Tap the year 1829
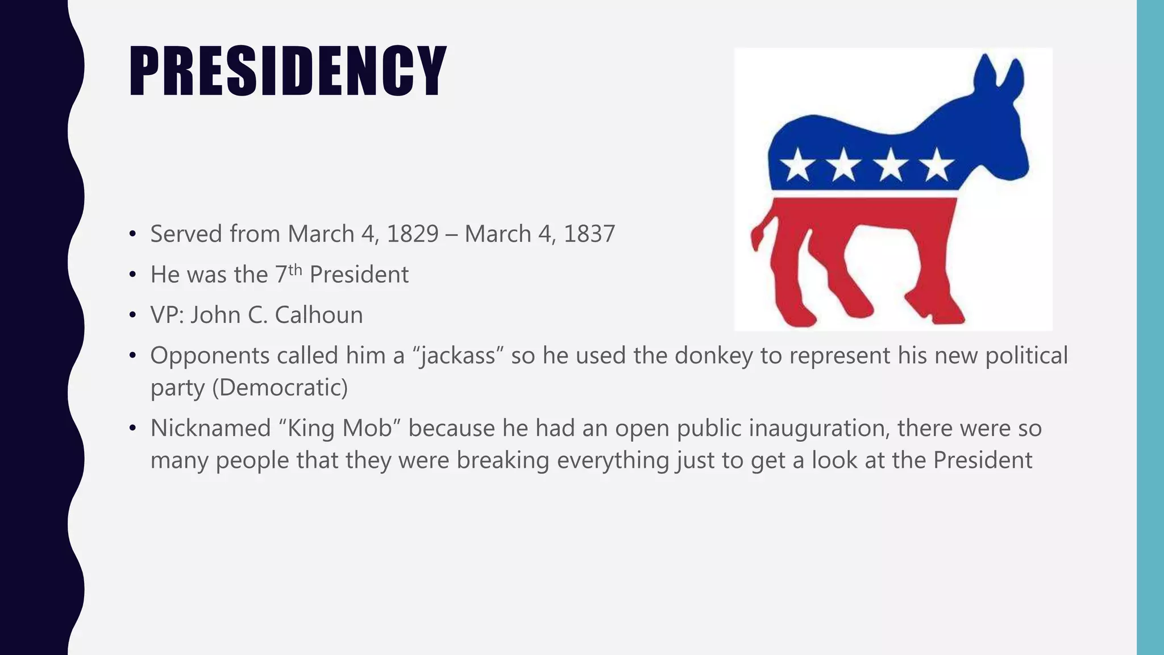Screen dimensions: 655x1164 (x=413, y=234)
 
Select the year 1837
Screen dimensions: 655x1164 (x=589, y=234)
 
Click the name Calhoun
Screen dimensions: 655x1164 (x=318, y=315)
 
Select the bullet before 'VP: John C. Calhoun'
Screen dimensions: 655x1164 (x=132, y=315)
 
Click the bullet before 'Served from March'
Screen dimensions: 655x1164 (x=132, y=234)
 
